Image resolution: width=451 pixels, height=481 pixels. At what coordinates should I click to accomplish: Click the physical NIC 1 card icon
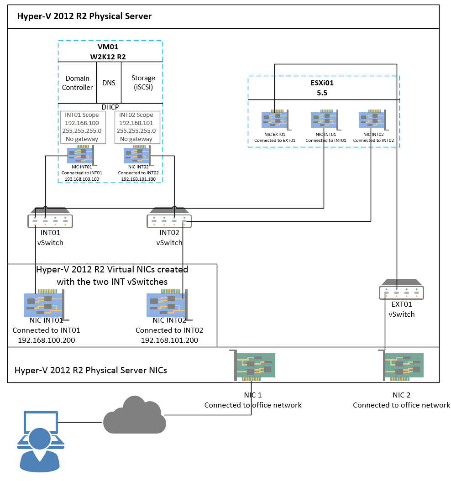(x=255, y=366)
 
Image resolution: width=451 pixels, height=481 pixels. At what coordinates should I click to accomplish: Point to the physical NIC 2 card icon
(x=401, y=366)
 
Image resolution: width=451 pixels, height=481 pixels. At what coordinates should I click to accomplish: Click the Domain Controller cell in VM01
(x=78, y=83)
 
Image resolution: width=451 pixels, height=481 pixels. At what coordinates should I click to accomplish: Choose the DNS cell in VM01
(x=109, y=83)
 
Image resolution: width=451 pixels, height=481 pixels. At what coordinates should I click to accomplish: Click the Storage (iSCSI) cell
(x=143, y=83)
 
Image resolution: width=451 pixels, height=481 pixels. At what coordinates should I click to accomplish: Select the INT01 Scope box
(x=83, y=127)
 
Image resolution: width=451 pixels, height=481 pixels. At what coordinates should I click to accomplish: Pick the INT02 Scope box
(x=137, y=127)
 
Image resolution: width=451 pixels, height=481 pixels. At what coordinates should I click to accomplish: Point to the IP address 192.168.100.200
(x=46, y=340)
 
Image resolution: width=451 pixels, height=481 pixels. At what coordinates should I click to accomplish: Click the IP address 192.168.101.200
(x=169, y=340)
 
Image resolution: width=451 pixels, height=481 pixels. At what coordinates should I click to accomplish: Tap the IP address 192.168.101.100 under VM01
(x=138, y=179)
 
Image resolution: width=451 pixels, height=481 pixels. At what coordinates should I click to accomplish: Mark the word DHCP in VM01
(x=110, y=107)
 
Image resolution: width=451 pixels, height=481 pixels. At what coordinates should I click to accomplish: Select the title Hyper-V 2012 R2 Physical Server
(x=84, y=17)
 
